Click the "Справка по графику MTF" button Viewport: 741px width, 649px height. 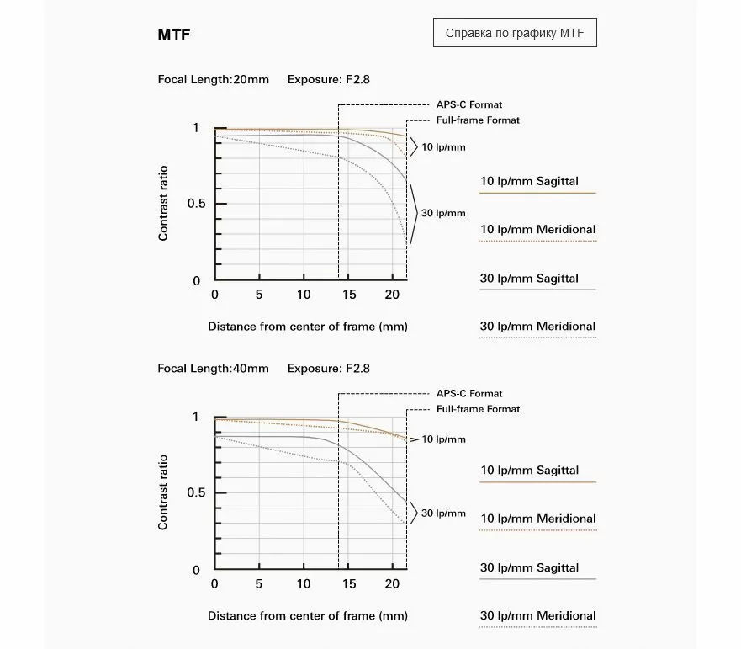click(x=515, y=35)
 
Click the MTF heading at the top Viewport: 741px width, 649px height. click(x=173, y=35)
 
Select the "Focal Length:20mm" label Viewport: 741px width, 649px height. click(x=214, y=80)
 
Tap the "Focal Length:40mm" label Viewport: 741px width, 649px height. click(x=214, y=369)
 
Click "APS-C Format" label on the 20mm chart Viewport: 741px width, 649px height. click(x=468, y=104)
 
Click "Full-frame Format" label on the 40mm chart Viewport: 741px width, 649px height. click(x=478, y=409)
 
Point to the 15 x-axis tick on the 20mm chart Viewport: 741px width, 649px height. click(x=349, y=295)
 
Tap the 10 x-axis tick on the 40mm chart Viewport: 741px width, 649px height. click(x=304, y=584)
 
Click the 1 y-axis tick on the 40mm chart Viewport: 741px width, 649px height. click(x=195, y=417)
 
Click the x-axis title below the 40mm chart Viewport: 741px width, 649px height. click(x=308, y=615)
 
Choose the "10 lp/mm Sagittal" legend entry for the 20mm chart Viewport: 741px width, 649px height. click(x=529, y=181)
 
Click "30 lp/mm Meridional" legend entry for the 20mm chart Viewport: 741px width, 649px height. click(x=537, y=327)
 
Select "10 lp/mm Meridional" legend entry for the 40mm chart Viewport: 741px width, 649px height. click(x=537, y=519)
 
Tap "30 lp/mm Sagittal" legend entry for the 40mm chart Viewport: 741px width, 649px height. click(x=529, y=567)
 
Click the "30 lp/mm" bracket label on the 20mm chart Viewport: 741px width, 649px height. click(x=443, y=213)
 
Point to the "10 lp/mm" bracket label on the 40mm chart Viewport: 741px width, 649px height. click(x=443, y=439)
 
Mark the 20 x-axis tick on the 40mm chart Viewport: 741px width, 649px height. click(x=392, y=584)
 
